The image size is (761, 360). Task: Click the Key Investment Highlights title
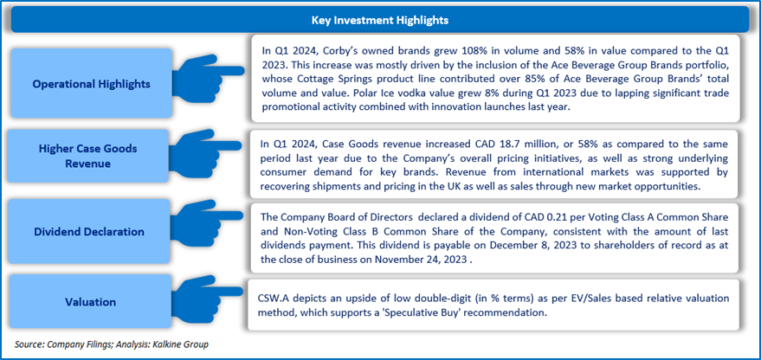pyautogui.click(x=379, y=21)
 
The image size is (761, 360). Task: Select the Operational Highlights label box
pyautogui.click(x=91, y=83)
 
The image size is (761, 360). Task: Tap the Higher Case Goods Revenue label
pyautogui.click(x=87, y=156)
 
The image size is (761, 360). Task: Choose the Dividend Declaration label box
pyautogui.click(x=89, y=231)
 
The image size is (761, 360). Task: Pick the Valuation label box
pyautogui.click(x=91, y=301)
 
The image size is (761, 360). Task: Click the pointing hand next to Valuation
pyautogui.click(x=205, y=295)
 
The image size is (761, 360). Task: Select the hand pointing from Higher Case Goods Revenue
pyautogui.click(x=205, y=151)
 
